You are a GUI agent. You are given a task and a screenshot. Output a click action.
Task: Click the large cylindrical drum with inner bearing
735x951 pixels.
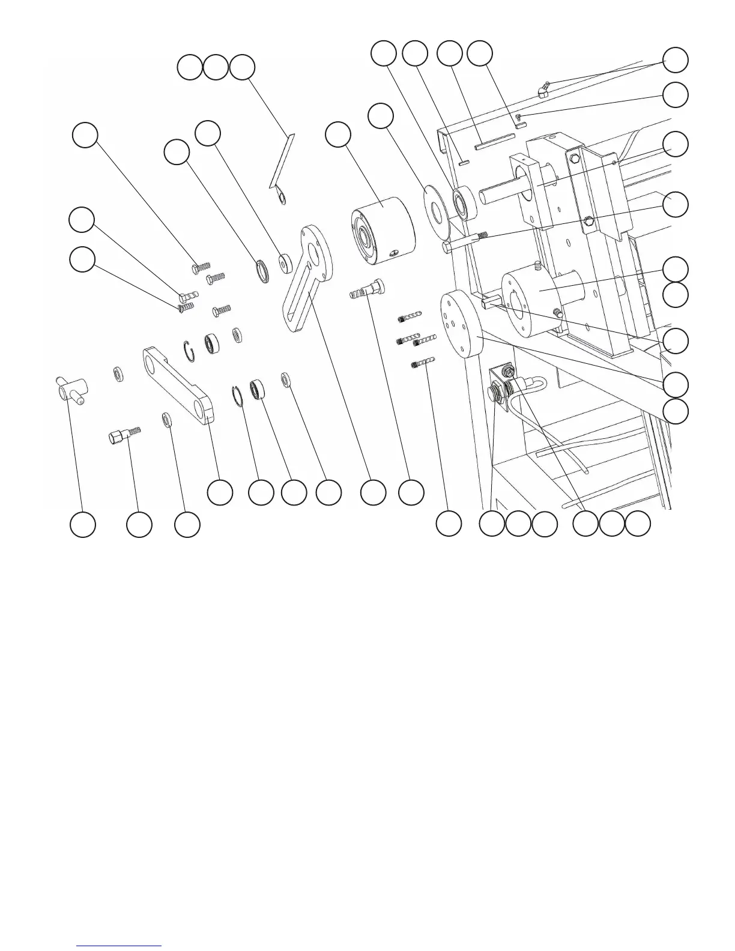click(383, 231)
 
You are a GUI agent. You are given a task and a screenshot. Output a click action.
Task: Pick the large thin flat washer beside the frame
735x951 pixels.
click(437, 208)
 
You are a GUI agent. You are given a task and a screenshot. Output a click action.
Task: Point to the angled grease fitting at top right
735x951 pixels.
click(543, 90)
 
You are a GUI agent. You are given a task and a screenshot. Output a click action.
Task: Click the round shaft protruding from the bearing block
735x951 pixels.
click(498, 194)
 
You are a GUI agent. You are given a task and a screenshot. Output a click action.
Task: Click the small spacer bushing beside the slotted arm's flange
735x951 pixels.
click(285, 262)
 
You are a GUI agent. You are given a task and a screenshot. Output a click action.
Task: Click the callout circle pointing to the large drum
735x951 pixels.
click(338, 135)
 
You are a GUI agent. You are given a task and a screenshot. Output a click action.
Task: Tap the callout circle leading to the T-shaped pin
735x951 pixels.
click(82, 525)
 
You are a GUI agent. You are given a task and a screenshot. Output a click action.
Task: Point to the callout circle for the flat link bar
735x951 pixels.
click(220, 492)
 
